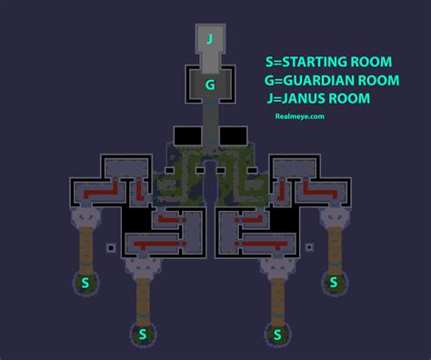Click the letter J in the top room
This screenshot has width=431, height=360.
click(x=210, y=38)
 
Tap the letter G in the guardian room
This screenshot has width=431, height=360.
click(x=210, y=85)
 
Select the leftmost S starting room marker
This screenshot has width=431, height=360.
click(x=85, y=283)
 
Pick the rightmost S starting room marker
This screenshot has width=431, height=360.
click(x=333, y=283)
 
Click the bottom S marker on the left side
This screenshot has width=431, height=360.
click(x=141, y=335)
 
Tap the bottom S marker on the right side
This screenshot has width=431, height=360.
click(x=277, y=335)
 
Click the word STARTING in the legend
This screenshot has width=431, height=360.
click(x=317, y=62)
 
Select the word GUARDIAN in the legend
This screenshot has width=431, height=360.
click(x=320, y=81)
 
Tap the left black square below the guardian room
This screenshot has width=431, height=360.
click(x=186, y=135)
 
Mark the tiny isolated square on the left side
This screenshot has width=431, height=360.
click(x=110, y=247)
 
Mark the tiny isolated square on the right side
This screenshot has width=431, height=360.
click(x=309, y=246)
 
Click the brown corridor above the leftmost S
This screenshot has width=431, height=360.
click(x=85, y=246)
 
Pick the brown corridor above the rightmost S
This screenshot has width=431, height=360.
click(x=334, y=246)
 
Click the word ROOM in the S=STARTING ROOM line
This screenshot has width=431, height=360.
click(x=373, y=62)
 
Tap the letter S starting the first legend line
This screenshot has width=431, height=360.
click(x=269, y=62)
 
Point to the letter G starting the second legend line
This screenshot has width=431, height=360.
click(x=270, y=81)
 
